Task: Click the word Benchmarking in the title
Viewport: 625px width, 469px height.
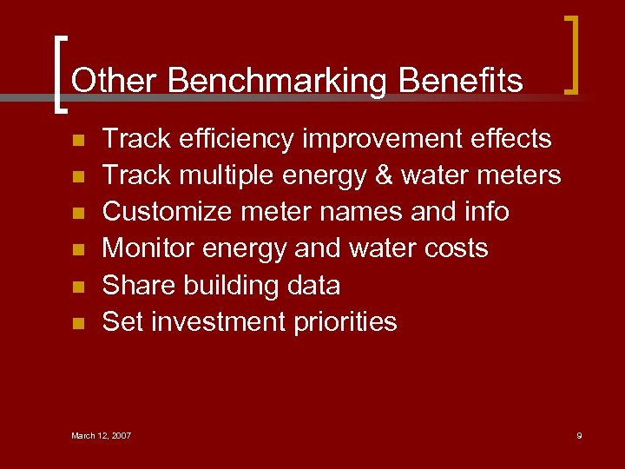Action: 278,81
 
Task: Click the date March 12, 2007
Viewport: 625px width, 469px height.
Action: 101,435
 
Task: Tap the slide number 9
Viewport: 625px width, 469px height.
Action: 579,435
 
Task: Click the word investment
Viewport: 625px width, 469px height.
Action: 219,322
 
